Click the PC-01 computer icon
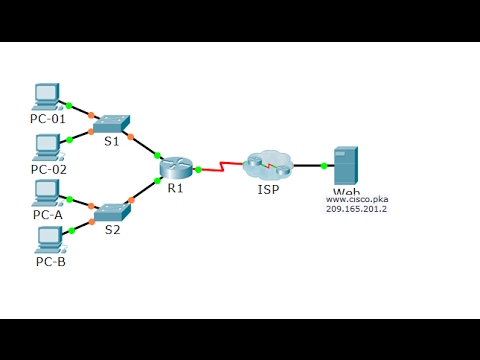point(46,96)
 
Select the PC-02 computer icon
point(46,147)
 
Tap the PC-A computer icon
point(46,192)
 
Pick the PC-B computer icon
point(48,240)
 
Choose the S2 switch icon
point(111,212)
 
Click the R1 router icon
point(175,167)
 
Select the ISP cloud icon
point(267,163)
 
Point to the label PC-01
point(47,119)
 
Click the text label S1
point(112,142)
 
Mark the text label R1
point(175,187)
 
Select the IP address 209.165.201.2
point(356,209)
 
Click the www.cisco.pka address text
point(355,199)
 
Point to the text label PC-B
point(50,262)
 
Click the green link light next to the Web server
point(324,165)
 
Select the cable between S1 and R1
point(143,145)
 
